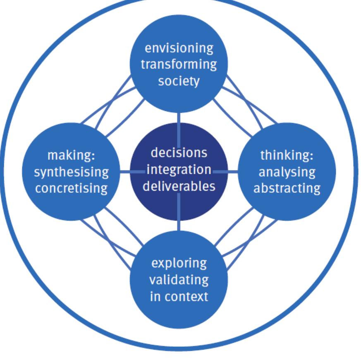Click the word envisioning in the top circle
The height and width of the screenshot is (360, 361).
tap(179, 48)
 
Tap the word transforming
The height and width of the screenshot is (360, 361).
tap(179, 64)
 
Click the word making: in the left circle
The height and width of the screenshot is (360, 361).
tap(72, 156)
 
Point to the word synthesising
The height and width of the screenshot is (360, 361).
tap(72, 172)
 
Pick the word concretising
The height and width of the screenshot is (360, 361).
tap(72, 188)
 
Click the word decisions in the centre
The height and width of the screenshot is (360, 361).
tap(179, 153)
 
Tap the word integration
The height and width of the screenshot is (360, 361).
tap(179, 169)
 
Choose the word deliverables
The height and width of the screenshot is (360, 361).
tap(179, 186)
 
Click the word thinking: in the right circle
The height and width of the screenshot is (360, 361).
tap(287, 156)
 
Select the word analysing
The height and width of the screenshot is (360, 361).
tap(287, 172)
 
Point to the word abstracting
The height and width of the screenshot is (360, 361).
tap(287, 188)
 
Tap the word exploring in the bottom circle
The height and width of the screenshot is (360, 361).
tap(179, 263)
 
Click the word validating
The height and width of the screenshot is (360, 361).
tap(179, 280)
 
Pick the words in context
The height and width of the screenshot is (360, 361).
tap(179, 296)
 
